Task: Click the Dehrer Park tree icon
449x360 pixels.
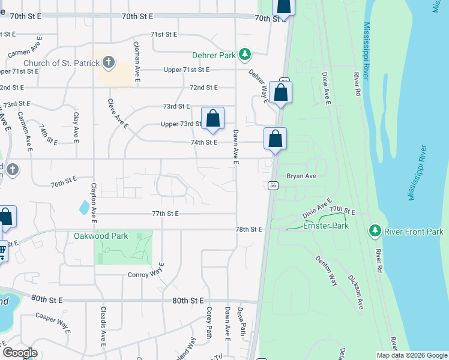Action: pos(244,55)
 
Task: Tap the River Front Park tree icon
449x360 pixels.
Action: pos(375,231)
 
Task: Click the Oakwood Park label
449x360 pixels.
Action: pos(101,236)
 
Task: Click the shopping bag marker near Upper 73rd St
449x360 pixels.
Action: pos(212,118)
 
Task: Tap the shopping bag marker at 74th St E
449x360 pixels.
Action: pos(275,139)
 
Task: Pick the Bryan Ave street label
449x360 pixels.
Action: pos(301,176)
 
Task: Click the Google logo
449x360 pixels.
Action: pos(20,353)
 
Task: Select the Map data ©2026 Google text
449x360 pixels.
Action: pos(412,355)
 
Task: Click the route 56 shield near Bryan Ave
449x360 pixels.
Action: pos(273,186)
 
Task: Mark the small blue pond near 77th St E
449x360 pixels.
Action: pos(83,208)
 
